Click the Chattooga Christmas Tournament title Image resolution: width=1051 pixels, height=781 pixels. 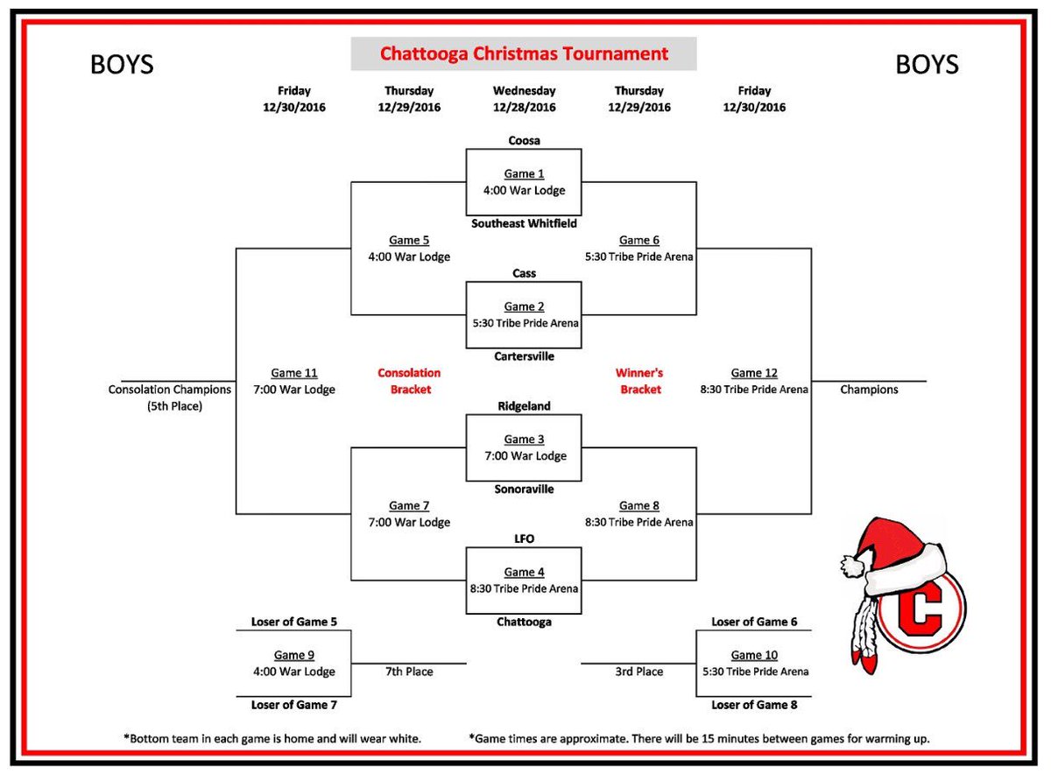coord(524,53)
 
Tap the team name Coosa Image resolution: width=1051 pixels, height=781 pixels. coord(524,140)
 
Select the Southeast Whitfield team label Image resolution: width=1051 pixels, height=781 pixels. coord(524,223)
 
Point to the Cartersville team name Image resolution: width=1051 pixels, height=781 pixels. coord(524,355)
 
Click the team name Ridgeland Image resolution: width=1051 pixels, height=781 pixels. coord(524,406)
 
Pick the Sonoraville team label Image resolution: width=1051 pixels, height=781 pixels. coord(524,489)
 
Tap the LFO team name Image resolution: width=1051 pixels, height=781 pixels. coord(524,538)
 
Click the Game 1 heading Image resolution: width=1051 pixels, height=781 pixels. coord(524,174)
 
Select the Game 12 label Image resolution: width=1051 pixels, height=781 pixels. coord(754,373)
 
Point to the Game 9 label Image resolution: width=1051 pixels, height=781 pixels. coord(293,655)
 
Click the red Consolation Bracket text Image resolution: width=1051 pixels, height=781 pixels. coord(409,381)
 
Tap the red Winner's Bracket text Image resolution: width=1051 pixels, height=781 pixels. coord(639,381)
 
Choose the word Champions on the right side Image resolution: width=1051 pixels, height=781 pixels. coord(869,390)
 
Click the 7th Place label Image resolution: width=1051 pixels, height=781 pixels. coord(409,672)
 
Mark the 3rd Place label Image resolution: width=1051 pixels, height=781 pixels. coord(638,672)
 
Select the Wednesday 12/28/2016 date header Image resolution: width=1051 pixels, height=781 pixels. coord(524,99)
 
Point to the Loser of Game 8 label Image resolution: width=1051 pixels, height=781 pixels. coord(754,705)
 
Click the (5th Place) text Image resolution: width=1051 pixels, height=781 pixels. coord(174,406)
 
